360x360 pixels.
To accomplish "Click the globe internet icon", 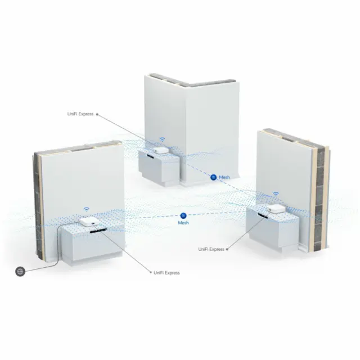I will (20, 272).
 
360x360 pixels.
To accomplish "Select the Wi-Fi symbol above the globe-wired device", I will (87, 209).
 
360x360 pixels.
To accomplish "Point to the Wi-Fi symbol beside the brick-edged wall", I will (276, 195).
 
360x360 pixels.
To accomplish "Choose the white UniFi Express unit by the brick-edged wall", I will (275, 209).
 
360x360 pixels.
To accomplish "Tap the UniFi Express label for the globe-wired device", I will (166, 273).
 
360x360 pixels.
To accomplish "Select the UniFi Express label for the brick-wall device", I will (211, 249).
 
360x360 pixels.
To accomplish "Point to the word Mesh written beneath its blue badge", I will (183, 223).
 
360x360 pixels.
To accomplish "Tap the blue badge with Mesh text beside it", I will (214, 177).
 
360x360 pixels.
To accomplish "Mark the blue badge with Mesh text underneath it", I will (183, 215).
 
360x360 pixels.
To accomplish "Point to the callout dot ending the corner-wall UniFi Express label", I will (97, 114).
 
